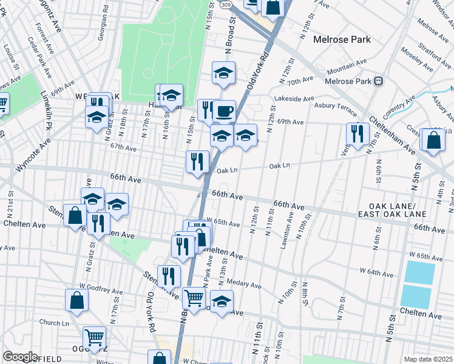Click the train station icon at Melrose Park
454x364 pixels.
click(378, 81)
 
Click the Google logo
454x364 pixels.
click(20, 357)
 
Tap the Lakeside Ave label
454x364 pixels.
click(294, 98)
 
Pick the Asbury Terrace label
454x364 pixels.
click(336, 106)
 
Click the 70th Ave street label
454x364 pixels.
click(300, 80)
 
